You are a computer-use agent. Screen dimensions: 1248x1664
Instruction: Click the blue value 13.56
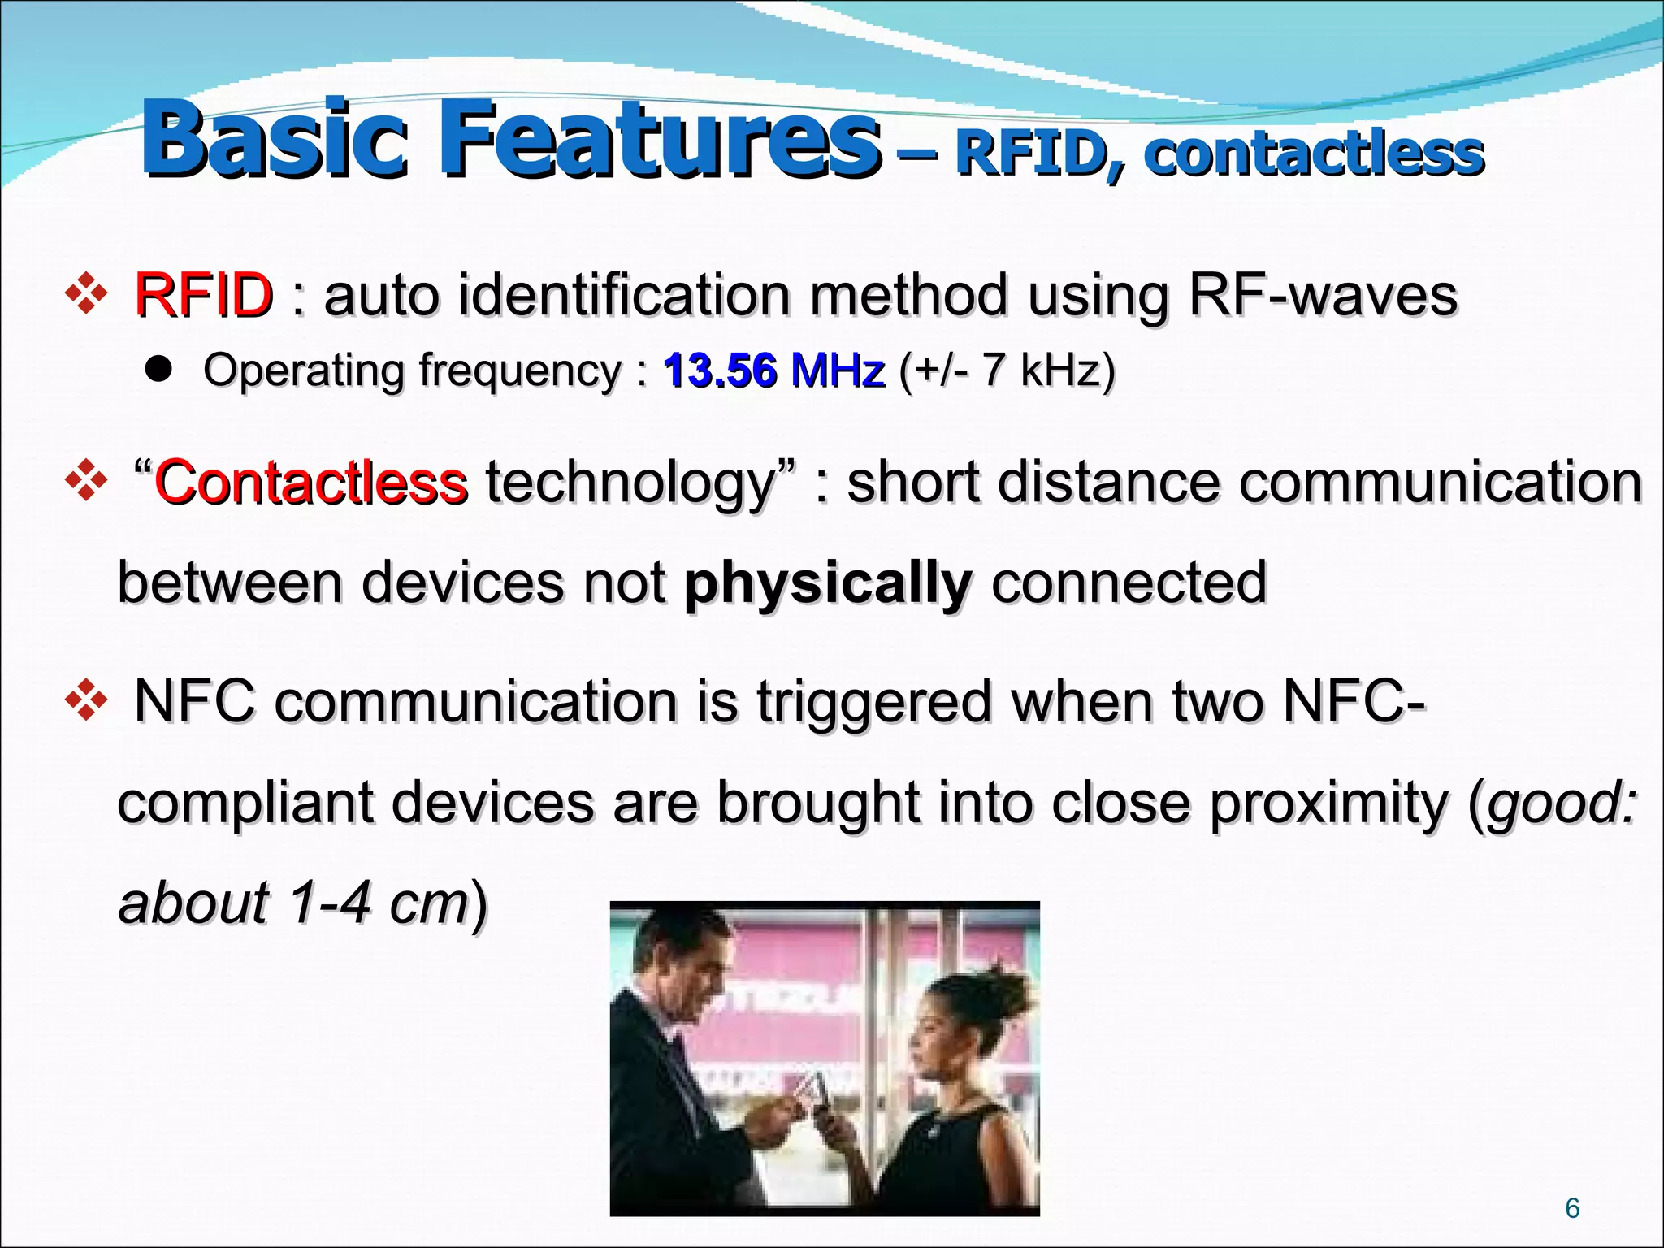[720, 370]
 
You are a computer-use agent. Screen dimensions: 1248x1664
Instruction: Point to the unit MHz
[837, 370]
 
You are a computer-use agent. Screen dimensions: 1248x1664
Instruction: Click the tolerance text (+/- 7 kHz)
[1007, 370]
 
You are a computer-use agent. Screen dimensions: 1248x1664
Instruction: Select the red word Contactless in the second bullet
[310, 483]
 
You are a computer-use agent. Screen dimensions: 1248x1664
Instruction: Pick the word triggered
[874, 702]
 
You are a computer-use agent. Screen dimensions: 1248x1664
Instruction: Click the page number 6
[1572, 1209]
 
